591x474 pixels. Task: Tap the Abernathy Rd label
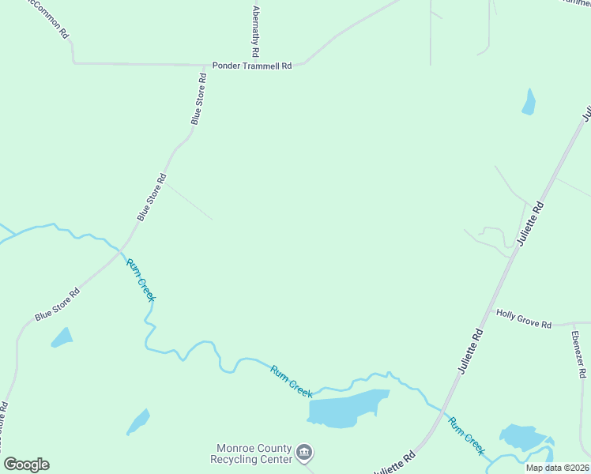[254, 32]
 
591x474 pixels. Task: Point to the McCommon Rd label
[47, 17]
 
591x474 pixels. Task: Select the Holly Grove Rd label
[523, 314]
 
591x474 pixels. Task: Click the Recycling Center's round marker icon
[305, 453]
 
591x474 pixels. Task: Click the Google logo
[26, 464]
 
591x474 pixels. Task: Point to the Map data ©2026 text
[557, 468]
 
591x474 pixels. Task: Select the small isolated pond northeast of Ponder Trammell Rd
[529, 103]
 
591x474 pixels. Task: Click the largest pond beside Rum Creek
[348, 408]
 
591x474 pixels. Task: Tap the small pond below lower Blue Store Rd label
[62, 337]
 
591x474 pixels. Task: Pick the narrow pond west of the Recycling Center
[138, 422]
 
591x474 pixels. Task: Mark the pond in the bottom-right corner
[524, 438]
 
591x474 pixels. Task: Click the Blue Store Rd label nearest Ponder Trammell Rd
[198, 99]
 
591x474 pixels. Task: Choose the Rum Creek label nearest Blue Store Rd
[141, 279]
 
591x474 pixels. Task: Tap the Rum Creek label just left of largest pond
[292, 380]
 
